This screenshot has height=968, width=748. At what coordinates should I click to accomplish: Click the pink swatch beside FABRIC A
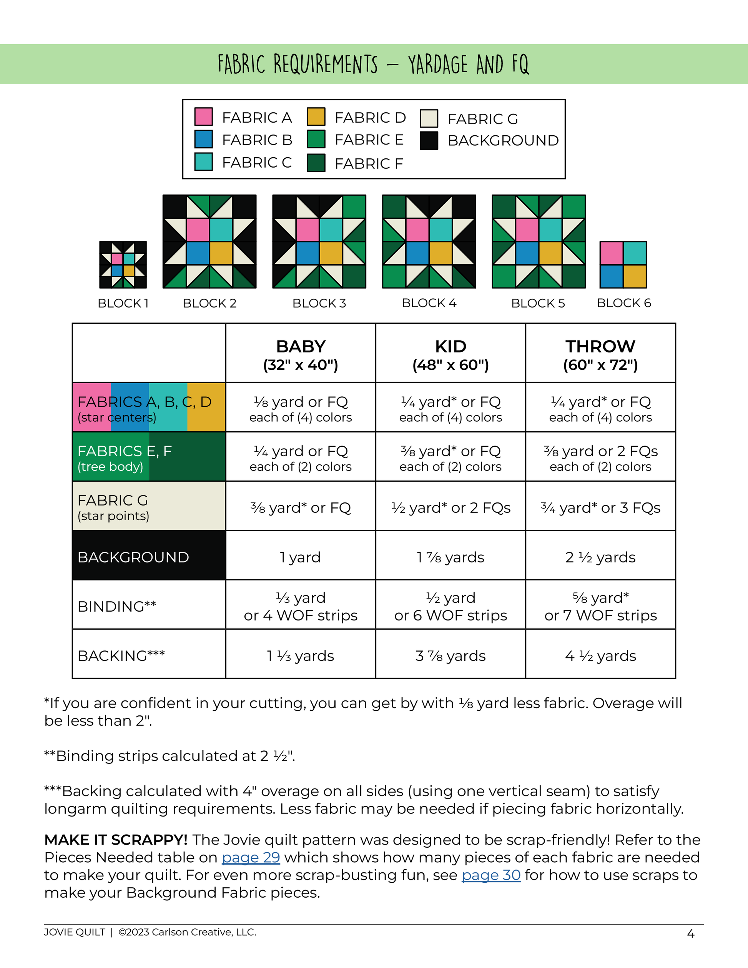click(203, 116)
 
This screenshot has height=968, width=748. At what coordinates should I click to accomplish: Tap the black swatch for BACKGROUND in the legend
click(429, 140)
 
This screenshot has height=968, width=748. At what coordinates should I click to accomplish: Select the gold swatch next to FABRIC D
click(316, 116)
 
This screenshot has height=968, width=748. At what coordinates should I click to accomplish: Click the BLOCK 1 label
click(123, 303)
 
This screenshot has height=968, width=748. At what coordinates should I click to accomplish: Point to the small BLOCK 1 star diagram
click(123, 264)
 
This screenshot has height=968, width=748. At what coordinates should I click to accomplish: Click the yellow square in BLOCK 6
click(635, 276)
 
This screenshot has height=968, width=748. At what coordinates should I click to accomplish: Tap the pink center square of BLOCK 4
click(417, 230)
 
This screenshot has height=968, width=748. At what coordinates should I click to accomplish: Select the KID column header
click(450, 355)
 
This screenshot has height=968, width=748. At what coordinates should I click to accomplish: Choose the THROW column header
click(600, 355)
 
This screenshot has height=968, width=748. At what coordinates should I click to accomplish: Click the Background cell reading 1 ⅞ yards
click(450, 557)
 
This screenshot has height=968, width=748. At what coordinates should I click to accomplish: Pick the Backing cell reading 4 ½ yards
click(600, 655)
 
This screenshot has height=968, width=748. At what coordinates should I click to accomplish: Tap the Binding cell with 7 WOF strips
click(600, 606)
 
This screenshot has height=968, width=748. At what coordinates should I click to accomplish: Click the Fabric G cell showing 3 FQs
click(600, 507)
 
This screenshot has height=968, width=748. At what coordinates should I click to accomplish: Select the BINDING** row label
click(116, 606)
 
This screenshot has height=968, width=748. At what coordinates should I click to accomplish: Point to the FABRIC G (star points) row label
click(113, 507)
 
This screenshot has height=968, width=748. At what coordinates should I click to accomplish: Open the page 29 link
click(251, 857)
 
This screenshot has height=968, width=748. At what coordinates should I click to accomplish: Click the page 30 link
click(491, 875)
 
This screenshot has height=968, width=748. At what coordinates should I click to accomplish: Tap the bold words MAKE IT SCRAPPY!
click(116, 840)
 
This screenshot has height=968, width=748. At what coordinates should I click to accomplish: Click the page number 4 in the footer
click(690, 934)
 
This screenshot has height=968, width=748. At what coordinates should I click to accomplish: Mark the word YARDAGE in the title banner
click(437, 64)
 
